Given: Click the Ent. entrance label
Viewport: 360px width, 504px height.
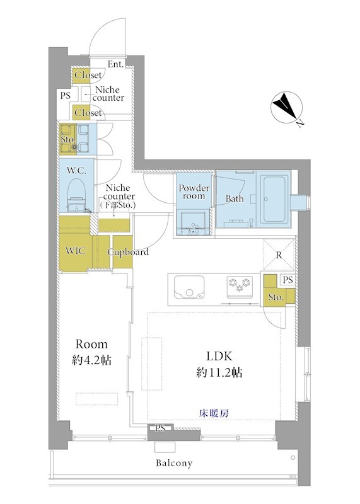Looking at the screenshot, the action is point(115,64).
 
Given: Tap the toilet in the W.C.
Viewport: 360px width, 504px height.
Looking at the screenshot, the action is point(76,195).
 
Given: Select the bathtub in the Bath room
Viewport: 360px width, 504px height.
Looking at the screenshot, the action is point(274,199).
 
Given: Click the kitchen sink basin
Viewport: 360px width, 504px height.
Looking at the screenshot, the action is point(189,287).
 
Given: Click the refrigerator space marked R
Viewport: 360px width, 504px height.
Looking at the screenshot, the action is point(279,255).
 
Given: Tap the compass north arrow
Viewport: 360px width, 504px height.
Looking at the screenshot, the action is point(287,107).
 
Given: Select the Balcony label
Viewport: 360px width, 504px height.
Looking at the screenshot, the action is point(174,463).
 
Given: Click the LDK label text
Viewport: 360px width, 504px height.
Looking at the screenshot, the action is point(219,356).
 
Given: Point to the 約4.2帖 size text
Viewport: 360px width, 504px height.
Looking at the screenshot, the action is point(91,360).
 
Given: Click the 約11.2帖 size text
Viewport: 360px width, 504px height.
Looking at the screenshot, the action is point(219,373).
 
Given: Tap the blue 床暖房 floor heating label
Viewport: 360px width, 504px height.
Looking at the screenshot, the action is point(214,413).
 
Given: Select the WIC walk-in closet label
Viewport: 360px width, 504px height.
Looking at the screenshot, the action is point(75,251).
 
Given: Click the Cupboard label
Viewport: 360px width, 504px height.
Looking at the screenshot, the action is point(128,253).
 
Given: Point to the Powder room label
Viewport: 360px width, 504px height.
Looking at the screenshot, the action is point(194,192).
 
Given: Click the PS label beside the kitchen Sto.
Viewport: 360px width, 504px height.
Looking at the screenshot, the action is point(288,280).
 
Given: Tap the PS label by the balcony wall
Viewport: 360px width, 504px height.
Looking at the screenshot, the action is point(160,428).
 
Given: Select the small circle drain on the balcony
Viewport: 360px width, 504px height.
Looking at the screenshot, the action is point(293,457).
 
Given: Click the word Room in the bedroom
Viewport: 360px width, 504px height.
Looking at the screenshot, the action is point(91,344).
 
